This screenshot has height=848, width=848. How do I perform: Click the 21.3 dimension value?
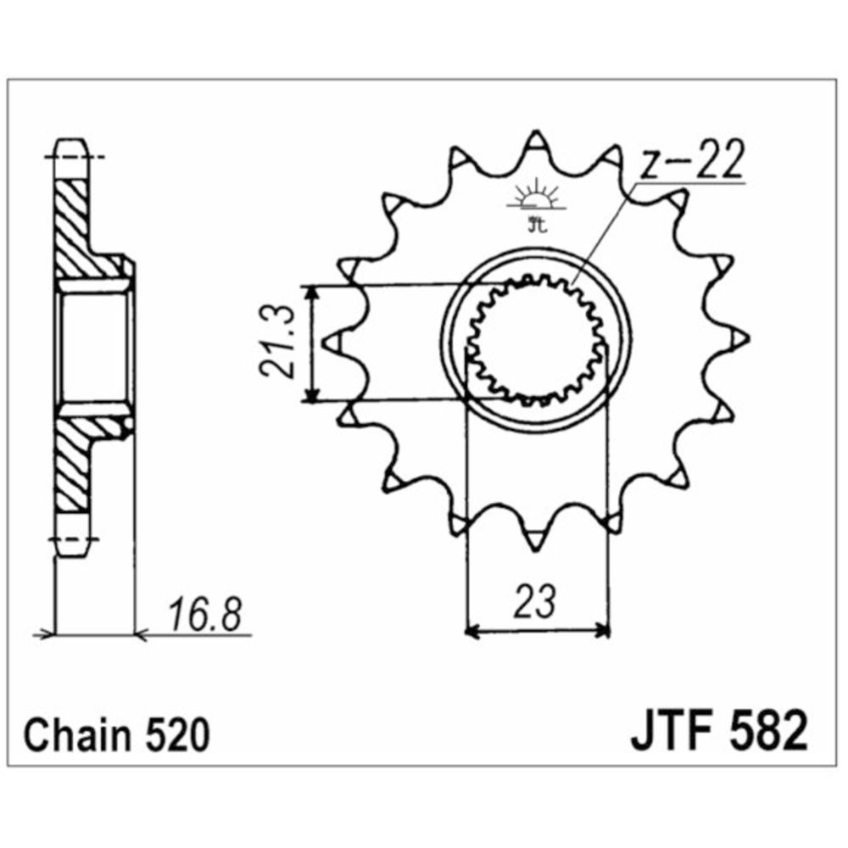click(277, 343)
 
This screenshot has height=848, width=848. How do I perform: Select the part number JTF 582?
click(717, 734)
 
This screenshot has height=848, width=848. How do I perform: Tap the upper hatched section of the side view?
click(75, 222)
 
